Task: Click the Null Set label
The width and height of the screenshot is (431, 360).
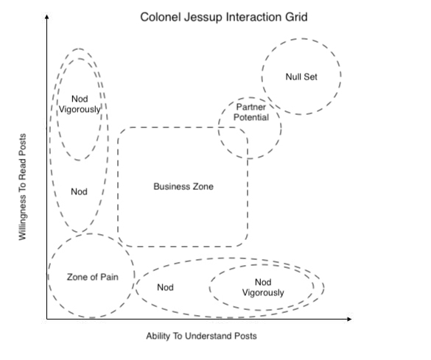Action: [x=301, y=77]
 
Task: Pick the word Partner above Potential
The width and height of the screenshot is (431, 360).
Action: [x=251, y=107]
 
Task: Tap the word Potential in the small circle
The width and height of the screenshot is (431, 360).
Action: [x=251, y=117]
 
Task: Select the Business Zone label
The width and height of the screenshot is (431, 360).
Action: [x=183, y=186]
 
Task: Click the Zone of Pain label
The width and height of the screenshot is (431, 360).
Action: [x=93, y=277]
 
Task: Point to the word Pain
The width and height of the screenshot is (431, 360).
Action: [x=109, y=277]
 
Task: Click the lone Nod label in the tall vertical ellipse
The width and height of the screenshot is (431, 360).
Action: [x=79, y=191]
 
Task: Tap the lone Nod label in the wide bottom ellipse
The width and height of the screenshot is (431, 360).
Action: [x=165, y=287]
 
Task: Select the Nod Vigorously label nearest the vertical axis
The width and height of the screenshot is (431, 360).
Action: [x=80, y=105]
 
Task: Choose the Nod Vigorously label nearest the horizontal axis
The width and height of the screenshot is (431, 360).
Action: [x=263, y=288]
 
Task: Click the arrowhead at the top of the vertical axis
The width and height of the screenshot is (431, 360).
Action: [x=47, y=17]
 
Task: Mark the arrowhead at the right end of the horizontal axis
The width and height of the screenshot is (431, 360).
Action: [x=349, y=319]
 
